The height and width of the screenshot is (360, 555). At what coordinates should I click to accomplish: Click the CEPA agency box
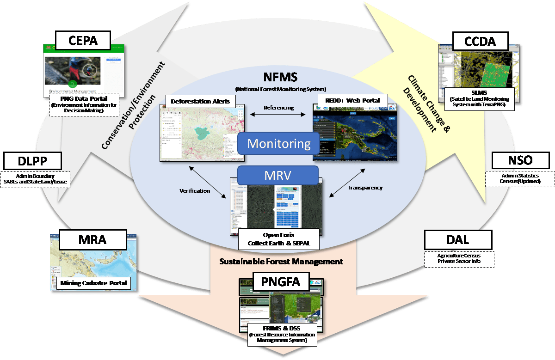point(83,40)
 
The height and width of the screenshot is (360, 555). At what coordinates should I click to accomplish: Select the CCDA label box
point(481,42)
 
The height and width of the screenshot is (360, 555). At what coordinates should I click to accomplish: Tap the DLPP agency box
point(32,161)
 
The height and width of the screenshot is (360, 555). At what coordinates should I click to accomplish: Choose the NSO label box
point(521,160)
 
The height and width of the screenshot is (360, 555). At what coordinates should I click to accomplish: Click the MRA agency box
point(92,240)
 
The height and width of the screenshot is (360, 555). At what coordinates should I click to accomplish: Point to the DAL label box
point(458,240)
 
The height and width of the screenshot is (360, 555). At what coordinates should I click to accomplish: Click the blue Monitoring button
point(278,144)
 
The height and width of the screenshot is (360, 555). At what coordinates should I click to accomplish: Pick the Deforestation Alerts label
point(200,101)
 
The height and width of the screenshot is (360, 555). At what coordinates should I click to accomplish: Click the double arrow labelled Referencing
point(278,116)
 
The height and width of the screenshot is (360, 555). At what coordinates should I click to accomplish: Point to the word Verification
point(195,190)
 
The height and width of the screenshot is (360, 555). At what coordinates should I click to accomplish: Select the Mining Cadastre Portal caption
point(93,283)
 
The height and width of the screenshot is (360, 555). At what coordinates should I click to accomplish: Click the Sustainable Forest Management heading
point(281,262)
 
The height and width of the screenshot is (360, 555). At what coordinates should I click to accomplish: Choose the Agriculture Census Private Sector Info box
point(459,258)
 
